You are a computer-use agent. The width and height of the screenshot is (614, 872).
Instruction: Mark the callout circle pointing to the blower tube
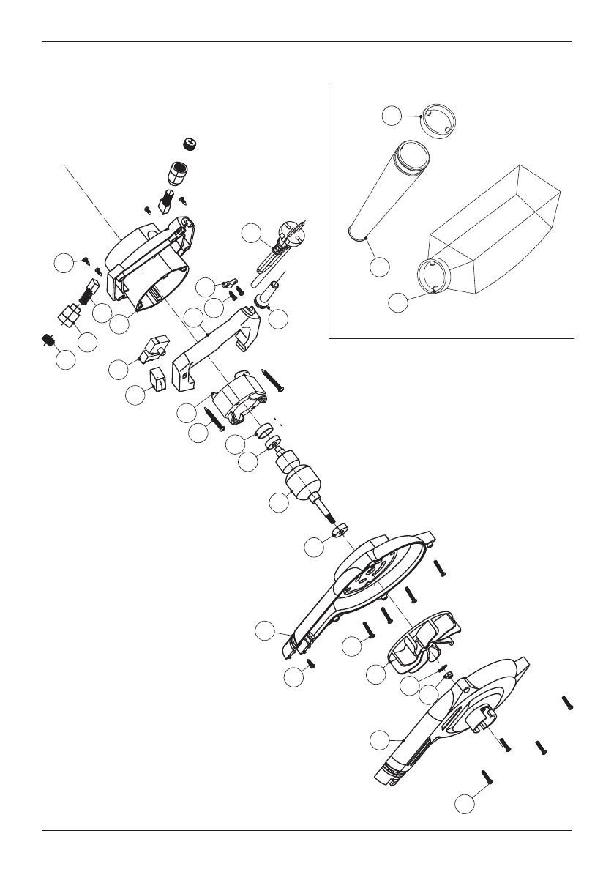pos(379,267)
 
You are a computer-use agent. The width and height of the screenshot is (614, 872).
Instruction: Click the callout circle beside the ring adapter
pos(392,114)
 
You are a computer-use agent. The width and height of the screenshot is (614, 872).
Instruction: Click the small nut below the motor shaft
pos(340,529)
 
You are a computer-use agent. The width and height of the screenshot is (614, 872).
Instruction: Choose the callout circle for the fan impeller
pos(376,674)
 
